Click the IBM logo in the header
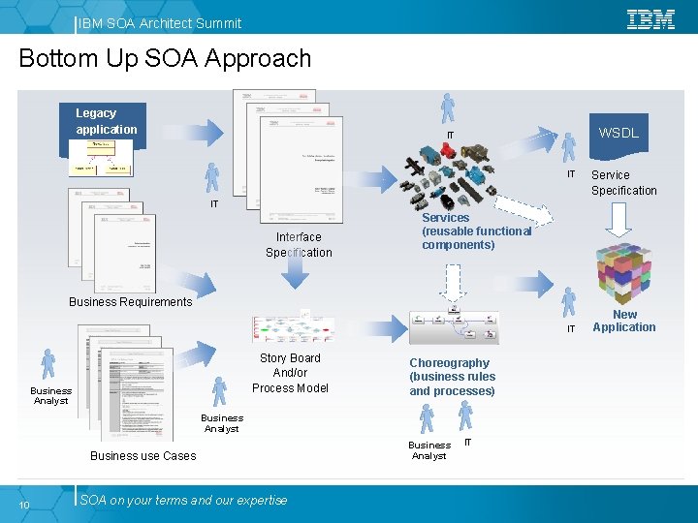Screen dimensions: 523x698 (650, 19)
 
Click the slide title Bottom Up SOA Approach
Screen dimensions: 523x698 (165, 58)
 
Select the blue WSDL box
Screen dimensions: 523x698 (618, 133)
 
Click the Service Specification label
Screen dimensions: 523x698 (623, 183)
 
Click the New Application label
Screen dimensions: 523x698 (623, 321)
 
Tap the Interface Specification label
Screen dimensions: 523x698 (299, 244)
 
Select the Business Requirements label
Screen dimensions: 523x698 (131, 302)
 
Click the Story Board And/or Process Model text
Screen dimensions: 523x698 (290, 373)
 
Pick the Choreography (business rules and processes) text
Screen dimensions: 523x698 (452, 377)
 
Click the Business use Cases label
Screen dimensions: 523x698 (143, 456)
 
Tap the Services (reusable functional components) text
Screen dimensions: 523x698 (476, 231)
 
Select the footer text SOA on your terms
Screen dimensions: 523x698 (183, 501)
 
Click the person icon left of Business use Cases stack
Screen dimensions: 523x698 (49, 365)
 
